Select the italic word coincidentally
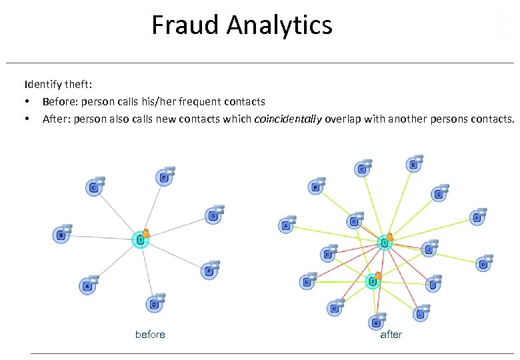(288, 119)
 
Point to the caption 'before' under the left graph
(150, 334)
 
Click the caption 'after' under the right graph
(391, 334)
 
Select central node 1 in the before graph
(140, 239)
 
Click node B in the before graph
(61, 235)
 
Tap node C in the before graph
(94, 188)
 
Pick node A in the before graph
(87, 287)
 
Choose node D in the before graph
(153, 304)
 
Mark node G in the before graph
(212, 216)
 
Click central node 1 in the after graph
(384, 243)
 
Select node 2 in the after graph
(373, 281)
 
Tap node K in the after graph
(354, 221)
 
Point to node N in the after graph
(307, 282)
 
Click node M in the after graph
(376, 323)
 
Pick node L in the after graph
(419, 313)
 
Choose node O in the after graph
(335, 308)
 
